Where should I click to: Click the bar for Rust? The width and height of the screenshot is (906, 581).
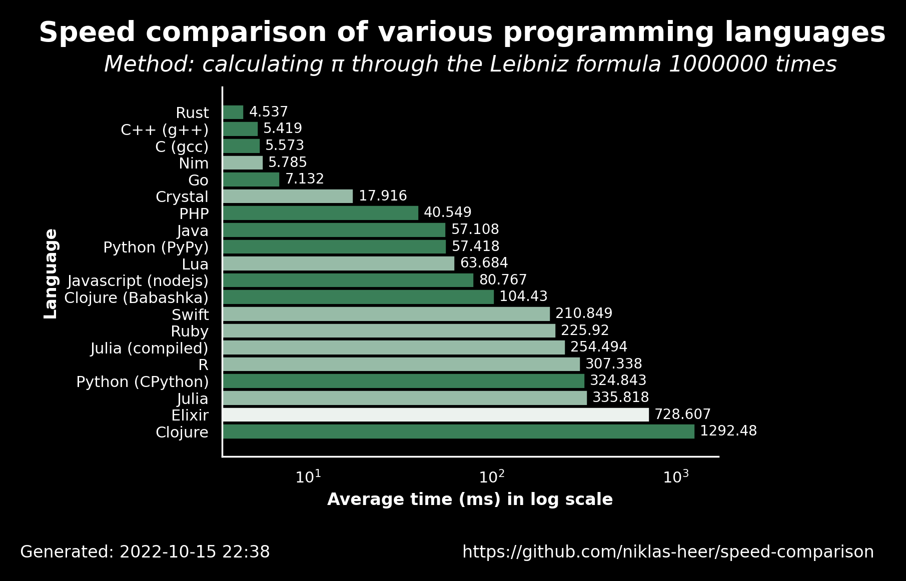point(233,112)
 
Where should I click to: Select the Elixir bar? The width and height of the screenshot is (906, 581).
point(436,415)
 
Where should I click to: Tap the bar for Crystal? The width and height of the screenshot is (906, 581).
point(288,196)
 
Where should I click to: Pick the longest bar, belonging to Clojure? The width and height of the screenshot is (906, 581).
point(459,431)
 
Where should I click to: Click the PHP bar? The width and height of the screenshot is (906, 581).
point(321,213)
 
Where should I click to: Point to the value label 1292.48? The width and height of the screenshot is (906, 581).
point(728,431)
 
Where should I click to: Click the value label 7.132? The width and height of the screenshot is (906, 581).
point(305,179)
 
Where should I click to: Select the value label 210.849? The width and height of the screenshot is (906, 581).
point(584,313)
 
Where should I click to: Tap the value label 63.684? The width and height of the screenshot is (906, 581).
point(484,263)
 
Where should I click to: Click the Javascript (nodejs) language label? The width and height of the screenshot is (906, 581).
point(138,281)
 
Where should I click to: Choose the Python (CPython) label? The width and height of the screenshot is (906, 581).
point(143,382)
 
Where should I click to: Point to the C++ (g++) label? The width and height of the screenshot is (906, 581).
point(165,130)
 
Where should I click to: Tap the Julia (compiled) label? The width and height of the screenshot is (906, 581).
point(150,348)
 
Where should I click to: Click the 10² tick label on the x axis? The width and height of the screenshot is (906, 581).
point(492,477)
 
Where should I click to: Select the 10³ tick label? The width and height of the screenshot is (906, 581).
point(676,477)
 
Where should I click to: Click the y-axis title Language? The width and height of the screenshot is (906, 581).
point(51,273)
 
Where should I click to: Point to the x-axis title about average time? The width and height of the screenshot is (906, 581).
point(470,499)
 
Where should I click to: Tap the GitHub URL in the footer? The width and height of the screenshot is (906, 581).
point(668,552)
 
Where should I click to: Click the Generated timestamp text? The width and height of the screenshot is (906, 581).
point(145,552)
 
